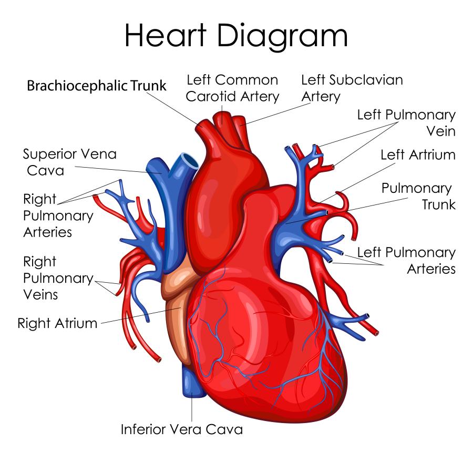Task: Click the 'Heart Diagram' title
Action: coord(236,36)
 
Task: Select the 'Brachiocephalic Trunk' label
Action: coord(97,86)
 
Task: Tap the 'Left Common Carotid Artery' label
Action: coord(232,88)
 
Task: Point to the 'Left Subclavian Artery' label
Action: coord(352,88)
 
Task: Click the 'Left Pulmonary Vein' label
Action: coord(406,123)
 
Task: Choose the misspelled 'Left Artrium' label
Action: coord(418,155)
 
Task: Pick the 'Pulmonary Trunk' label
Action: coord(419,196)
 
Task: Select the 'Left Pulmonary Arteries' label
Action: coord(406,260)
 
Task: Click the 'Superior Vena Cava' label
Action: coord(70,162)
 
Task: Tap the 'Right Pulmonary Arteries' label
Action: coord(58,215)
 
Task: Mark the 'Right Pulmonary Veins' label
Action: coord(58,278)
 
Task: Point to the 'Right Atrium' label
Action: coord(57,323)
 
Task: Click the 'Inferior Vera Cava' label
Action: coord(182,429)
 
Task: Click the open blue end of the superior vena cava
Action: coord(188,159)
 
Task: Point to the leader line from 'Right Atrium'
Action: coord(141,315)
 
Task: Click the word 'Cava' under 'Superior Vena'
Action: coord(45,171)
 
